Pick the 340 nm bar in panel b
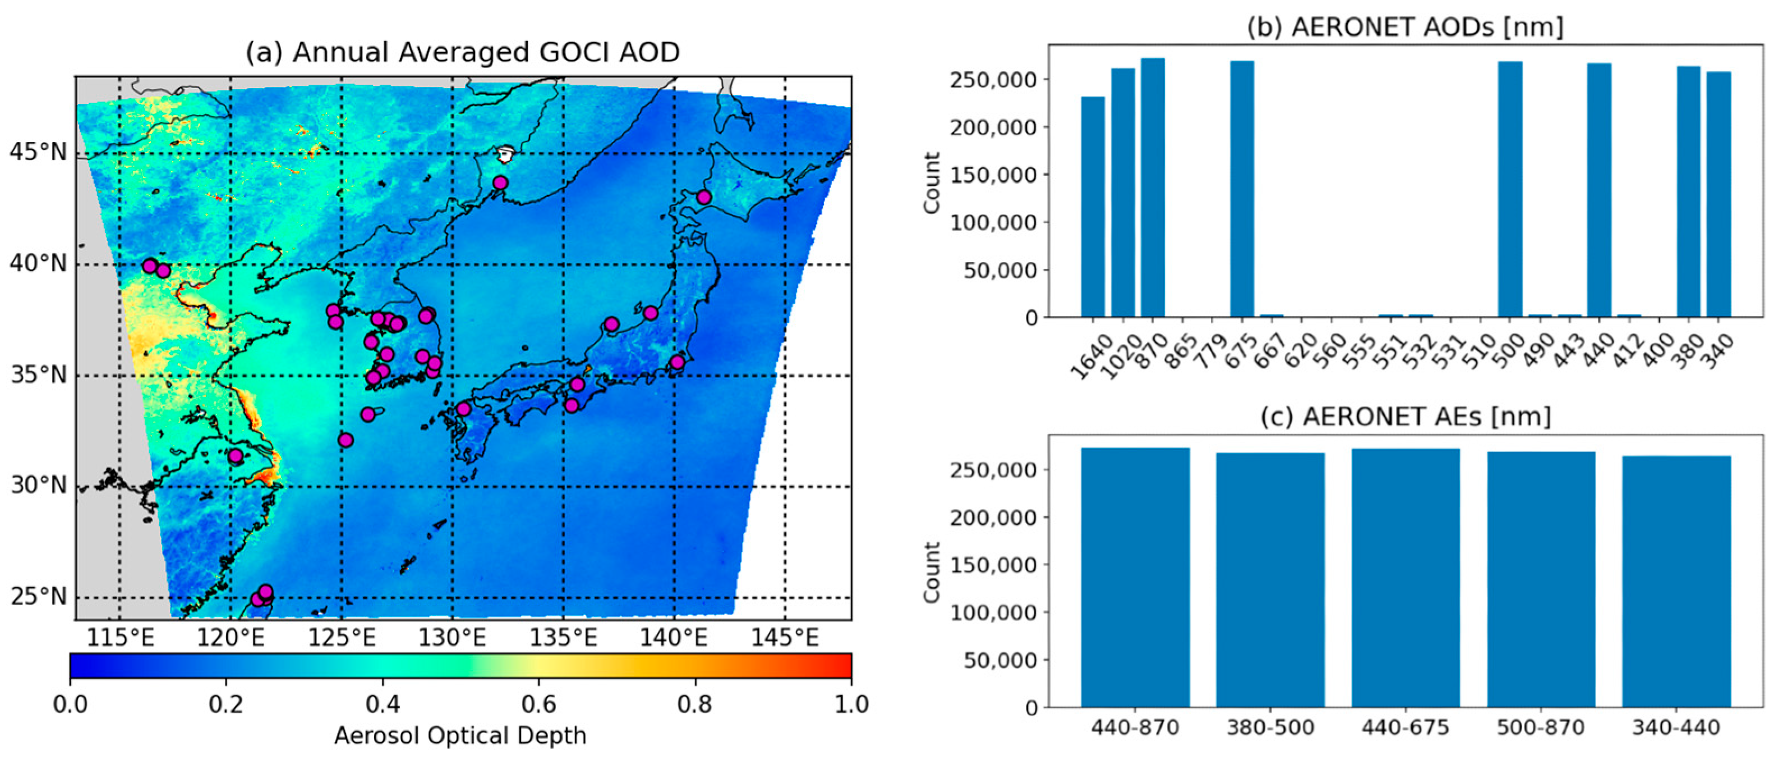pyautogui.click(x=1719, y=194)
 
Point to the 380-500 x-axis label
pyautogui.click(x=1270, y=728)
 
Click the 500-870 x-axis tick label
pyautogui.click(x=1541, y=728)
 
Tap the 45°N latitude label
pyautogui.click(x=38, y=152)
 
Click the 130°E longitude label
pyautogui.click(x=452, y=637)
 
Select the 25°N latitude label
pyautogui.click(x=38, y=596)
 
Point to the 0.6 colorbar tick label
pyautogui.click(x=538, y=704)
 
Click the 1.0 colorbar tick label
pyautogui.click(x=851, y=704)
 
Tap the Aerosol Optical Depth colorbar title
pyautogui.click(x=460, y=735)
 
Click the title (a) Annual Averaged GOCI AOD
pyautogui.click(x=462, y=52)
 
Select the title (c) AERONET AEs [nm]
pyautogui.click(x=1405, y=417)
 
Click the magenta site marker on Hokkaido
pyautogui.click(x=704, y=198)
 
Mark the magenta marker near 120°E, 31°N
pyautogui.click(x=236, y=456)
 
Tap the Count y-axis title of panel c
pyautogui.click(x=932, y=571)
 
